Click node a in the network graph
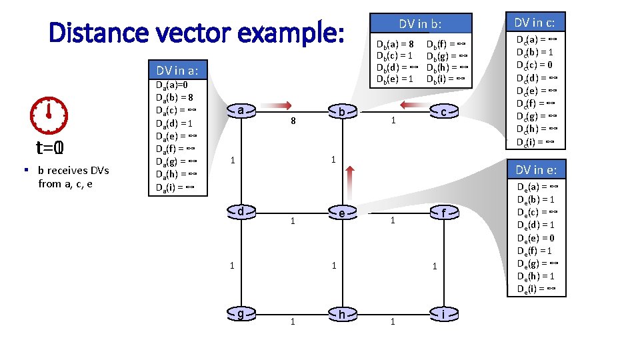pyautogui.click(x=240, y=111)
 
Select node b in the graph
pyautogui.click(x=342, y=112)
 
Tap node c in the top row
pyautogui.click(x=443, y=112)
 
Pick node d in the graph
pyautogui.click(x=240, y=212)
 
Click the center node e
pyautogui.click(x=342, y=213)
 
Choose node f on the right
pyautogui.click(x=443, y=213)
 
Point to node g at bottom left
pyautogui.click(x=240, y=314)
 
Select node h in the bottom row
pyautogui.click(x=342, y=315)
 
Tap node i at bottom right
pyautogui.click(x=443, y=314)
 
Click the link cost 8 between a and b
pyautogui.click(x=292, y=122)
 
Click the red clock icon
pyautogui.click(x=49, y=115)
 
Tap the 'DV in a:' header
pyautogui.click(x=177, y=71)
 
